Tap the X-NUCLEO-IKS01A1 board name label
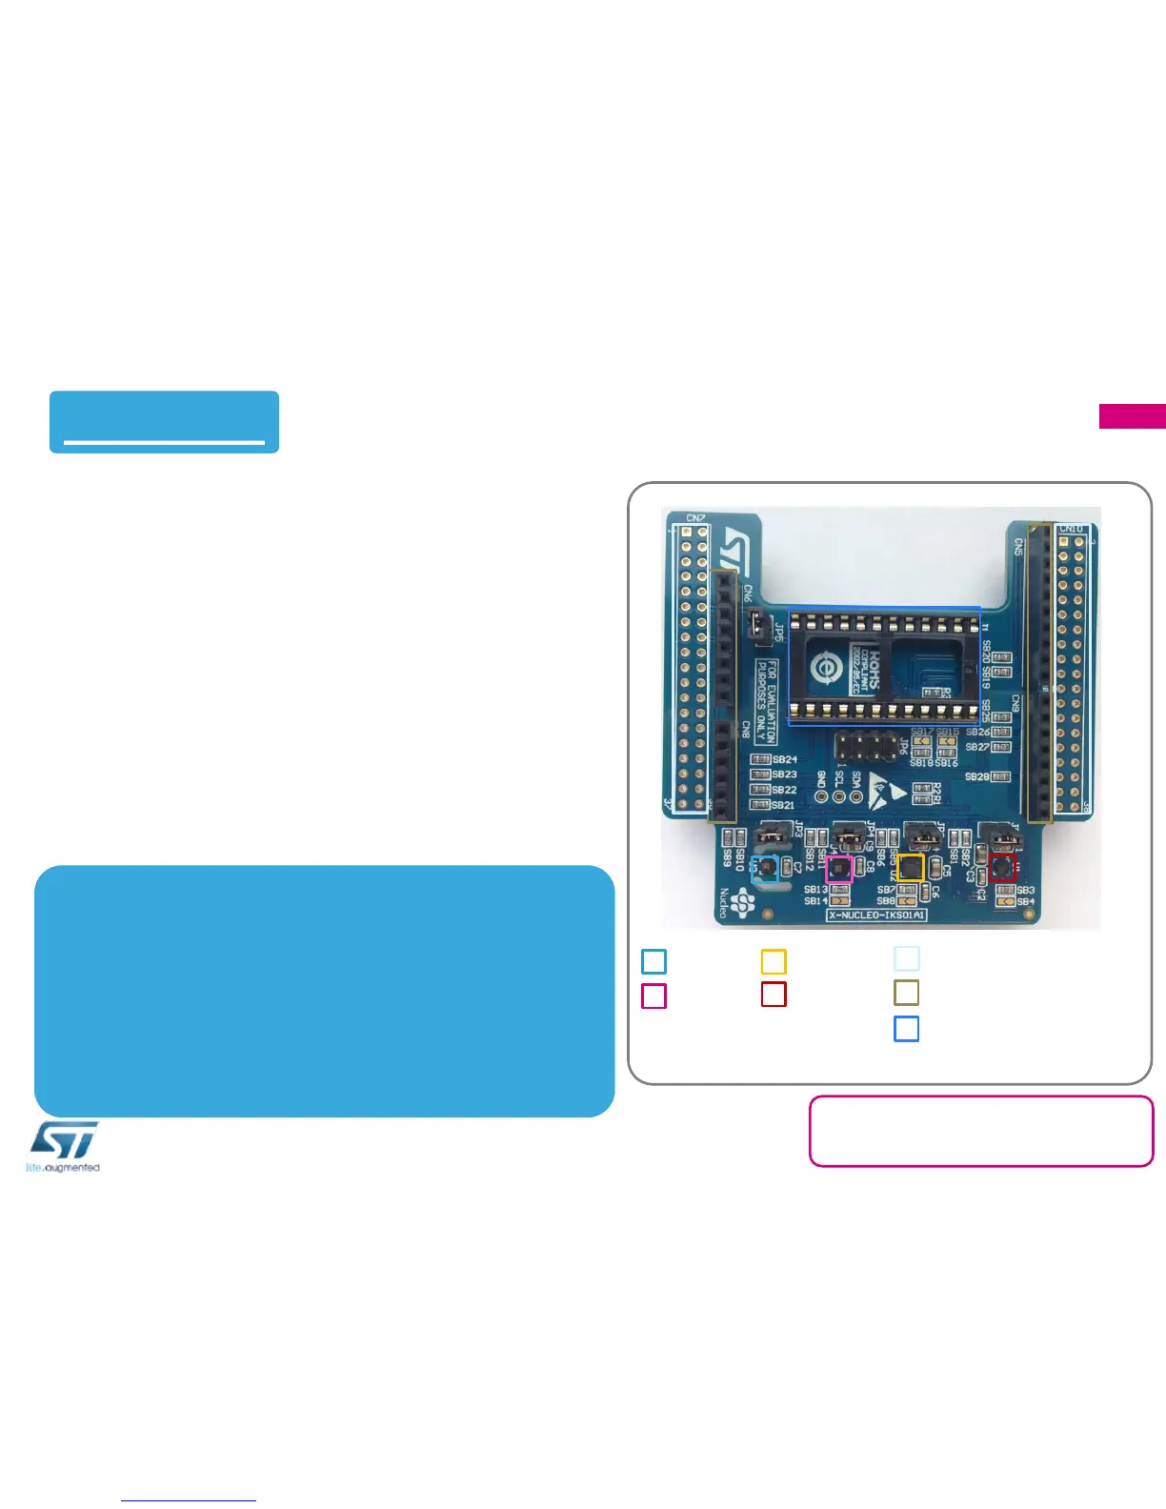click(876, 915)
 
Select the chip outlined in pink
click(838, 869)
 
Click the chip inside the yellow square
click(911, 867)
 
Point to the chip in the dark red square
click(1001, 868)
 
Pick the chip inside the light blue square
click(766, 868)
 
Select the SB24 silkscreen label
click(785, 759)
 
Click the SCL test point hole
click(838, 796)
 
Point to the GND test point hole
click(821, 796)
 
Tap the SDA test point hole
click(855, 796)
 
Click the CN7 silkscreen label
click(695, 519)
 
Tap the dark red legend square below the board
click(774, 994)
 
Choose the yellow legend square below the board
click(774, 961)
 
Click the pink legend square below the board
click(653, 996)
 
